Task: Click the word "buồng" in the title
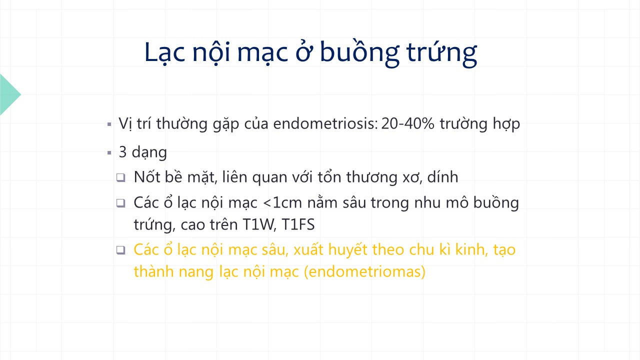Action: pos(359,52)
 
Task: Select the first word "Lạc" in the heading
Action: pos(165,53)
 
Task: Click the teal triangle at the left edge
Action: pos(9,94)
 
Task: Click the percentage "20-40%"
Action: pos(407,123)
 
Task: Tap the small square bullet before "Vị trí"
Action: pos(109,124)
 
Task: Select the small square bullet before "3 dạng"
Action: pos(109,153)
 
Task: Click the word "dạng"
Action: pos(149,152)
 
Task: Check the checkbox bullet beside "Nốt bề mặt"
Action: pos(121,177)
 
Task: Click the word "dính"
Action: pos(442,177)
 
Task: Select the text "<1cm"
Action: pos(282,203)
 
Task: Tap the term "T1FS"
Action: pos(298,224)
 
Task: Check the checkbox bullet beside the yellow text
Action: pos(121,250)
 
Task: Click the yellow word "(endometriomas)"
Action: pos(365,271)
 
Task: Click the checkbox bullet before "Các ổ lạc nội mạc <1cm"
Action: pos(121,203)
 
